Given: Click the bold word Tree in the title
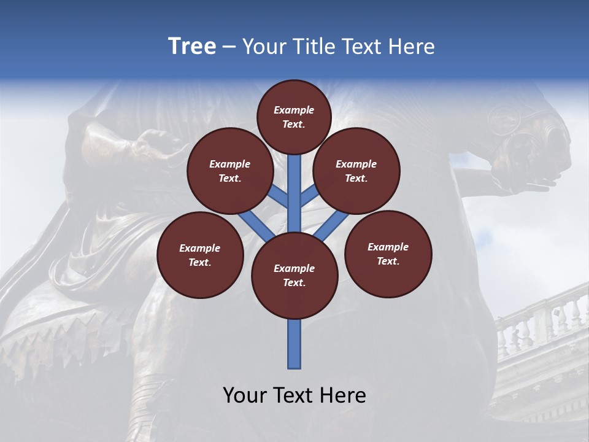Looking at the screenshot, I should (x=192, y=47).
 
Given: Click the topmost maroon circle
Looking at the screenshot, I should (x=294, y=117).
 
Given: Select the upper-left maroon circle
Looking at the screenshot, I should (x=230, y=171).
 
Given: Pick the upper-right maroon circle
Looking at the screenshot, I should (x=356, y=171).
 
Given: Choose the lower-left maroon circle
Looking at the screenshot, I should (x=200, y=255).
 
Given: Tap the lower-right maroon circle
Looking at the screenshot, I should (x=388, y=254).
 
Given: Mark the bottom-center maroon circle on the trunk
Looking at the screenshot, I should (x=294, y=276).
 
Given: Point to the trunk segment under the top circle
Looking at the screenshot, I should (x=294, y=184).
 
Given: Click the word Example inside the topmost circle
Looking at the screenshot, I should (x=294, y=110).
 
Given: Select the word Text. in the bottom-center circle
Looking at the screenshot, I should (x=294, y=282).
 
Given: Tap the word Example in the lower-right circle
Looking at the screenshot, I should (x=388, y=247).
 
